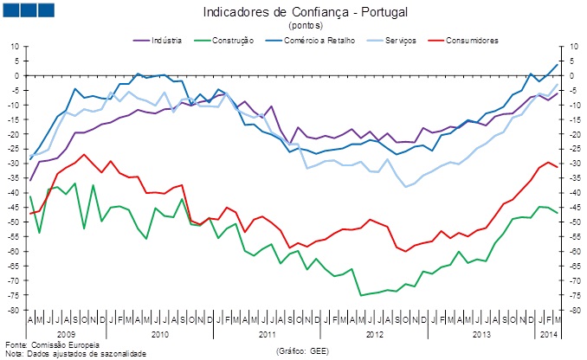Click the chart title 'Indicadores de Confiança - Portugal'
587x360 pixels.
click(293, 12)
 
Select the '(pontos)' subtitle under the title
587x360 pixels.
click(293, 25)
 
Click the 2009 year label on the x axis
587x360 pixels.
click(66, 333)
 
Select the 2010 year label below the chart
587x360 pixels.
click(158, 333)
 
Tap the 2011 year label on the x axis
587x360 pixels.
click(267, 333)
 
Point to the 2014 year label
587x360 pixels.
click(548, 333)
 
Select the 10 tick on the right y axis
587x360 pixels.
click(571, 46)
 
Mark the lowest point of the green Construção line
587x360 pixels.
click(361, 296)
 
